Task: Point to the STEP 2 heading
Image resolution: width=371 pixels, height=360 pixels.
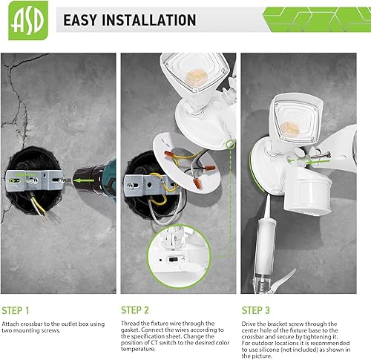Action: point(137,310)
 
